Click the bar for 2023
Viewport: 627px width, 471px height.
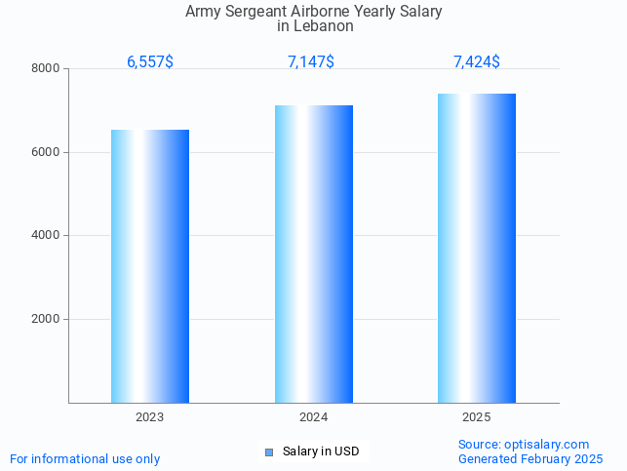[149, 265]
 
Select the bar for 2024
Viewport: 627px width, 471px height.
[313, 254]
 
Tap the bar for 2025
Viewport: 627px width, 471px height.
[477, 248]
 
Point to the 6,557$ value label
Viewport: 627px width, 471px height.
[150, 62]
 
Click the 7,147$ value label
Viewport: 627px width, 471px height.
[311, 62]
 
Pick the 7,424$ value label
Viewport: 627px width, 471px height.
[477, 62]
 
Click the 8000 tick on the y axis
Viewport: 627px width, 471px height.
[46, 69]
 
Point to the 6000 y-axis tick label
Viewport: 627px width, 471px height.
[46, 152]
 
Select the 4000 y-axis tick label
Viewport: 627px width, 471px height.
[46, 236]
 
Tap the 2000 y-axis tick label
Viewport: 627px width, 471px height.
[46, 320]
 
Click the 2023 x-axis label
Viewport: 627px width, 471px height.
[149, 417]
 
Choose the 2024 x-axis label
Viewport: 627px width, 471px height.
[313, 417]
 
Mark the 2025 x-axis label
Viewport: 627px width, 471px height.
[477, 417]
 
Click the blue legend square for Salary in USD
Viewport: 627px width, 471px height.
[269, 451]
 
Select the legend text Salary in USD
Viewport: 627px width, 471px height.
[321, 451]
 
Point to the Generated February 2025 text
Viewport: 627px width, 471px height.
[530, 458]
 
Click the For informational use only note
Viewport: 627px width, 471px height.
[85, 459]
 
